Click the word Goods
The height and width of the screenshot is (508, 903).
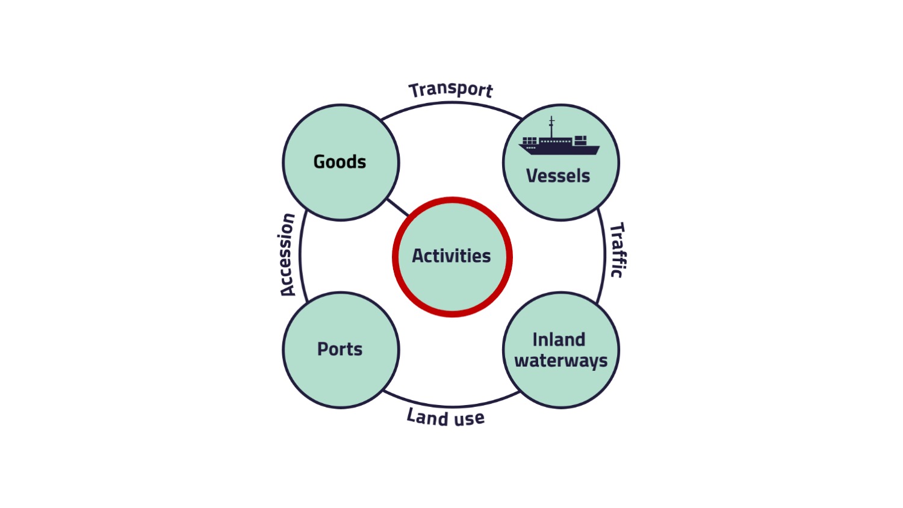(340, 162)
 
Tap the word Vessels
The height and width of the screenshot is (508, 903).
(558, 176)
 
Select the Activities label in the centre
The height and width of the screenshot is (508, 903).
(451, 256)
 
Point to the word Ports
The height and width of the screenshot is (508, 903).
(340, 349)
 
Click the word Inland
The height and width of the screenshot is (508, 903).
(559, 339)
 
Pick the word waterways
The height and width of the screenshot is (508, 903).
(561, 361)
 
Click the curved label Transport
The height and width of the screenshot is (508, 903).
(451, 90)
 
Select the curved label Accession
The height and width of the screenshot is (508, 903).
(288, 255)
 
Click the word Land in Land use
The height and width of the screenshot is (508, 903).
(427, 416)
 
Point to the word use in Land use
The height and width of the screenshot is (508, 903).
(469, 418)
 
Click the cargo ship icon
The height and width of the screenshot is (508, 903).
(559, 143)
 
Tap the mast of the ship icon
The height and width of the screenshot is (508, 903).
(551, 126)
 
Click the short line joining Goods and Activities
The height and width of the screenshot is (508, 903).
(397, 207)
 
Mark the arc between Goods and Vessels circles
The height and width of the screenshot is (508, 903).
(451, 103)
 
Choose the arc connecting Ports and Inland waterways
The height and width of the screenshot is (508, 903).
(451, 406)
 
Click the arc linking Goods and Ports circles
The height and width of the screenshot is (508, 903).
(300, 256)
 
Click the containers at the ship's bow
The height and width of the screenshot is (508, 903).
(580, 140)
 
